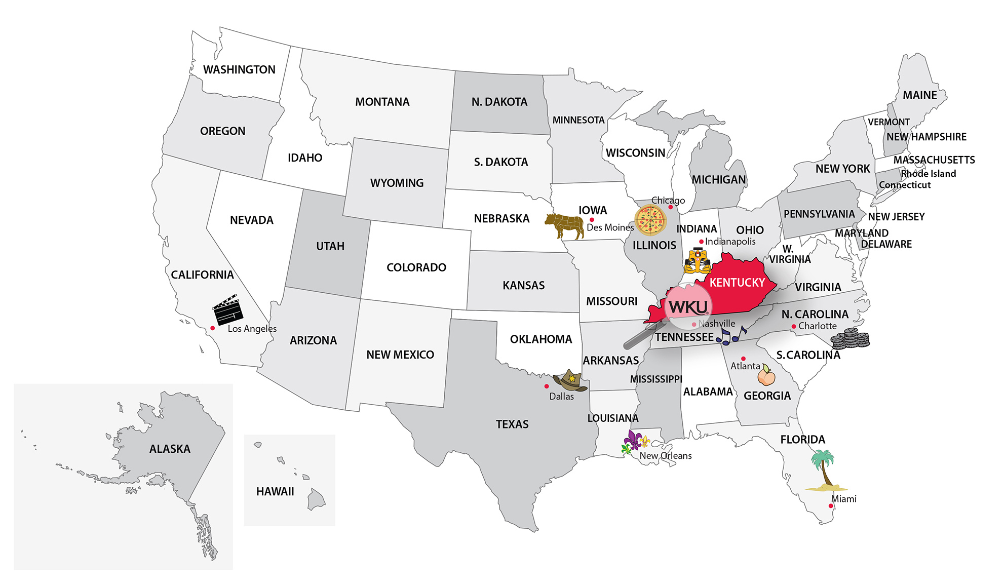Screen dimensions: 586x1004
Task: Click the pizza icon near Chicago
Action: point(650,220)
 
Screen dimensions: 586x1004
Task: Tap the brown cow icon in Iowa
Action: point(564,225)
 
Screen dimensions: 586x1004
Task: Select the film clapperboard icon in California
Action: point(227,309)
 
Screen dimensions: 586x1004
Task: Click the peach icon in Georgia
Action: point(766,376)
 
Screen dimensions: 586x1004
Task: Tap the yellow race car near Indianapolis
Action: point(697,261)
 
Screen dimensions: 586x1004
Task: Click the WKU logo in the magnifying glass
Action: point(687,307)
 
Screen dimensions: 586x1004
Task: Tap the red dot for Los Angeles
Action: point(213,328)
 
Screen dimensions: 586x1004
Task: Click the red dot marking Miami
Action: point(831,506)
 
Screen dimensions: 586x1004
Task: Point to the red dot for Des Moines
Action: point(592,220)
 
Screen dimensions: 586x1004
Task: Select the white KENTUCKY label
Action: point(737,283)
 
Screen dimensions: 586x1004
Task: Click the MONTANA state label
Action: point(382,102)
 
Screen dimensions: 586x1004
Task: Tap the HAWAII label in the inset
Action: point(275,491)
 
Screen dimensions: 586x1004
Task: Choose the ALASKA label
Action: point(170,449)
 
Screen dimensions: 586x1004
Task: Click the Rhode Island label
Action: point(928,174)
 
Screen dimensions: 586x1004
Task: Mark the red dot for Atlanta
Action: point(743,359)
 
